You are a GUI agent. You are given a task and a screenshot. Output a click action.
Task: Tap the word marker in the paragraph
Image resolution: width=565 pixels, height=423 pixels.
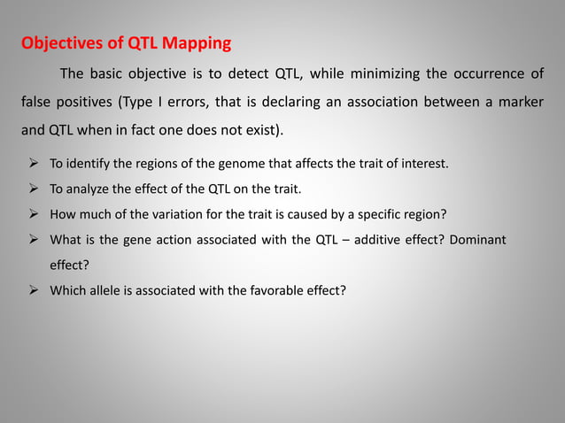point(520,102)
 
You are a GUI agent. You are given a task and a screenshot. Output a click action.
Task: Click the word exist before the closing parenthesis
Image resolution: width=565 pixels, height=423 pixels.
point(257,131)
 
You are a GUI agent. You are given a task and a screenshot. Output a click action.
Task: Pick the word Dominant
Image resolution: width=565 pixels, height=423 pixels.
point(479,239)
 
